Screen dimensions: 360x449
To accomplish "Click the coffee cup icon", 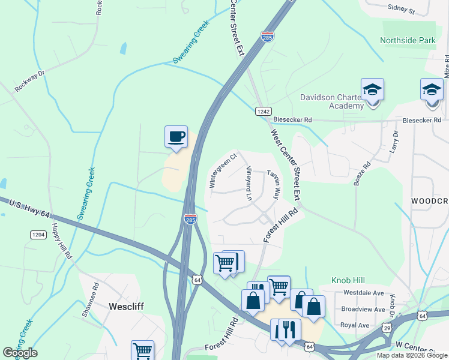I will coord(176,136).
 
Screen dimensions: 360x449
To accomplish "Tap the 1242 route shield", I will coord(264,111).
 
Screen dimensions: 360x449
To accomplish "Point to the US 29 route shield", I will coord(388,328).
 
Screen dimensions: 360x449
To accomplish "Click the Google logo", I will coord(20,353).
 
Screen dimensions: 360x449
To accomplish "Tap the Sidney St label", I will coord(402,10).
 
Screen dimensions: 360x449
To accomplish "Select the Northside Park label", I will coord(407,41).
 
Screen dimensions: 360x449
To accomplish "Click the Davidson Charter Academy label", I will coord(333,101).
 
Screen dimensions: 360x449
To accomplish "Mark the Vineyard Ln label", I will coord(249,182).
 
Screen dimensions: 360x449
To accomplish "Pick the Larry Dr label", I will coord(394,142).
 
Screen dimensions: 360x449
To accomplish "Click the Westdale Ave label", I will coord(363,293).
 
